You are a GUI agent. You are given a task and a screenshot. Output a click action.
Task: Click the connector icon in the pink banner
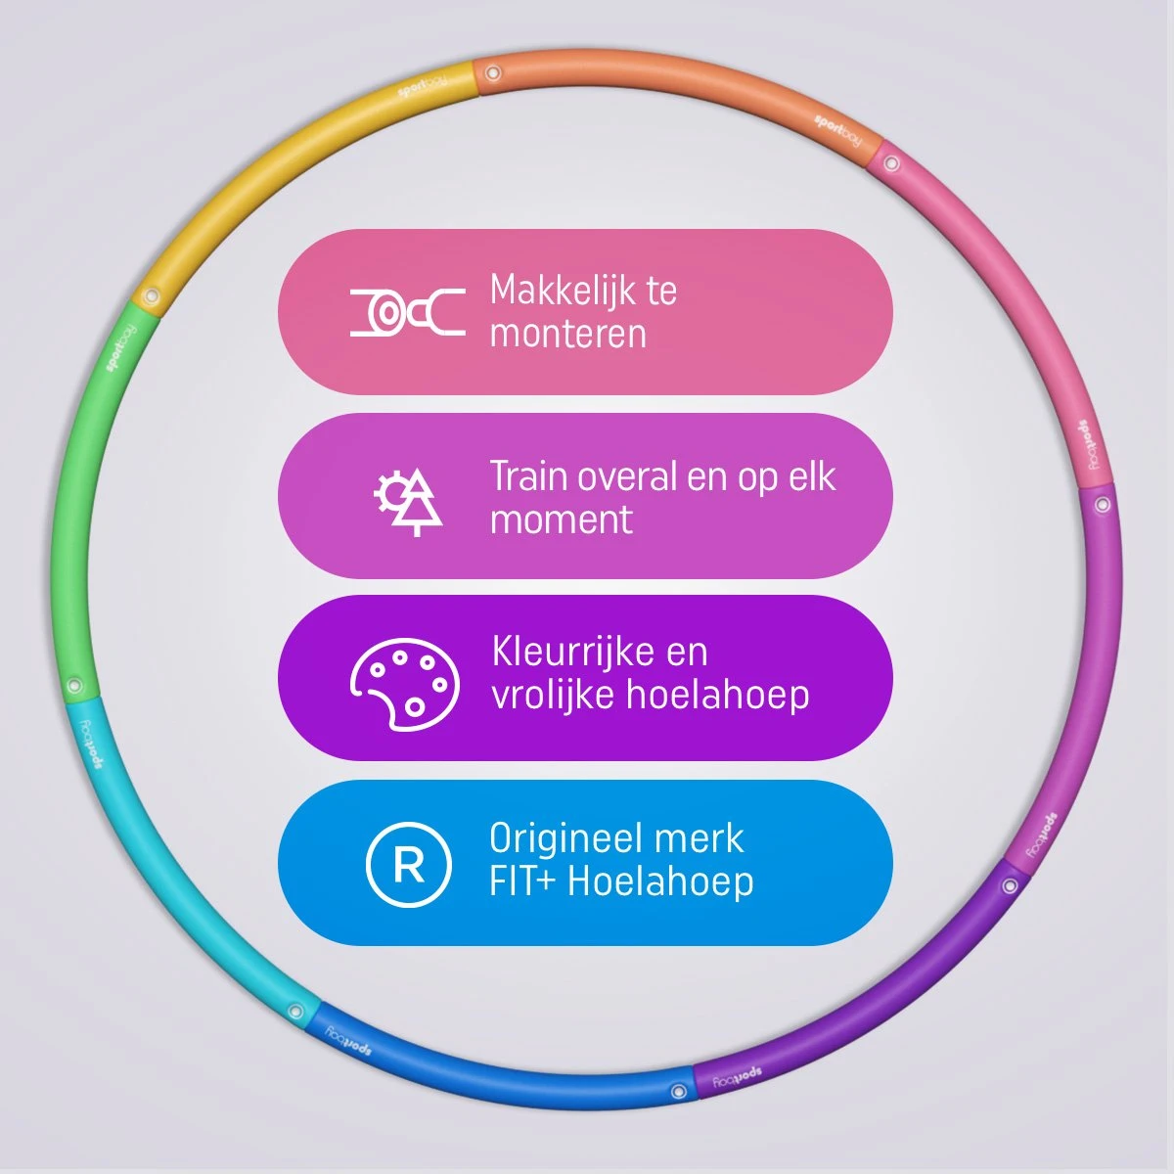408,312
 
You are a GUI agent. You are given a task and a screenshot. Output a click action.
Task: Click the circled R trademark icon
408,865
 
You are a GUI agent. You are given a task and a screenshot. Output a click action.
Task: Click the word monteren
567,335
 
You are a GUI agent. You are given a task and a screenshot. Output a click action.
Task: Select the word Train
528,476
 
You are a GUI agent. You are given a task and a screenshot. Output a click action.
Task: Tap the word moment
561,519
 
